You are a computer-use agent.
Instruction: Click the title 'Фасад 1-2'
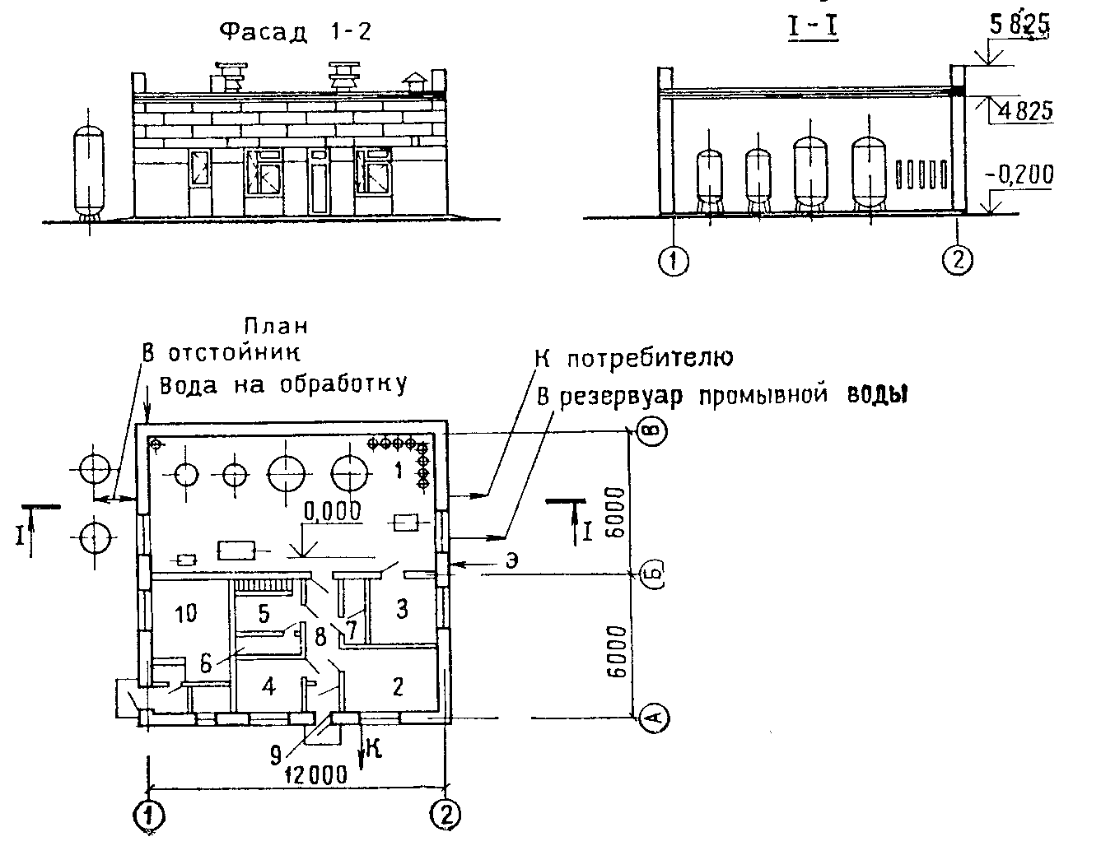[x=296, y=32]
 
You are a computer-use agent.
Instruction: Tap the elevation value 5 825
[x=1019, y=25]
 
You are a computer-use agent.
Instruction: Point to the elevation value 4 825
[x=1025, y=111]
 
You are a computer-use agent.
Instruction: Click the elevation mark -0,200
[x=1019, y=175]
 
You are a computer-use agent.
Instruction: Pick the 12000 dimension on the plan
[x=315, y=774]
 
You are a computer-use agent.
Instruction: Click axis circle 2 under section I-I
[x=957, y=260]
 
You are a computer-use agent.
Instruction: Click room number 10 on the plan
[x=185, y=614]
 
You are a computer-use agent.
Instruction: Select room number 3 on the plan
[x=403, y=609]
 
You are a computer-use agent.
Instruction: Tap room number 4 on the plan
[x=268, y=686]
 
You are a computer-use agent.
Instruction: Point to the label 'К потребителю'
[x=634, y=358]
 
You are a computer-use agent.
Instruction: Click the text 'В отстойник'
[x=221, y=352]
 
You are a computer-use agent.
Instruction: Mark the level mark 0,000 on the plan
[x=333, y=511]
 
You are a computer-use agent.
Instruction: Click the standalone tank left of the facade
[x=89, y=172]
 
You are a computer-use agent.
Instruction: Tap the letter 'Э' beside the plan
[x=511, y=561]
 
